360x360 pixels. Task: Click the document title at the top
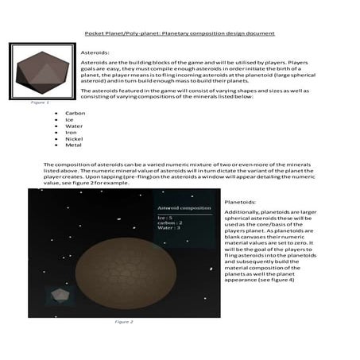pyautogui.click(x=180, y=33)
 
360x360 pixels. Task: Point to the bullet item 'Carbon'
pyautogui.click(x=75, y=114)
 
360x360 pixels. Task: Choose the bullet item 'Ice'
pyautogui.click(x=70, y=120)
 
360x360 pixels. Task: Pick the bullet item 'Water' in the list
pyautogui.click(x=74, y=127)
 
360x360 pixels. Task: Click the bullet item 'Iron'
pyautogui.click(x=72, y=134)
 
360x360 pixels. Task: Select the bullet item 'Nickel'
pyautogui.click(x=74, y=141)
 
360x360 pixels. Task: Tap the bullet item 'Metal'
pyautogui.click(x=73, y=147)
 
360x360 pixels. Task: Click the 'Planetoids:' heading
pyautogui.click(x=242, y=203)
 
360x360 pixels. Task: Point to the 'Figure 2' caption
pyautogui.click(x=123, y=321)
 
